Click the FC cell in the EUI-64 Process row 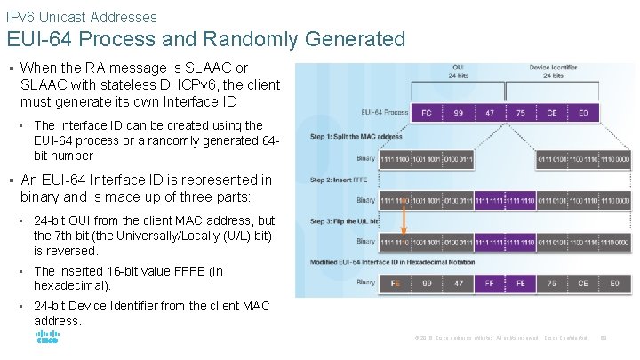coord(428,113)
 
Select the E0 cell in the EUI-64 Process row coord(583,113)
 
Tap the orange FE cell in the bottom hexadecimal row coord(396,283)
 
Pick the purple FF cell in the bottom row coord(489,283)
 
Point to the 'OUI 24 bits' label coord(459,71)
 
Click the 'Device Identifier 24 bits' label coord(552,71)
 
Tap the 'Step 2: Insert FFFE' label coord(338,179)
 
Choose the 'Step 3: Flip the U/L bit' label coord(345,221)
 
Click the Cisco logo coord(47,338)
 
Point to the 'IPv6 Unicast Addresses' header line coord(81,17)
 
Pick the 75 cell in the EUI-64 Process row coord(521,113)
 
